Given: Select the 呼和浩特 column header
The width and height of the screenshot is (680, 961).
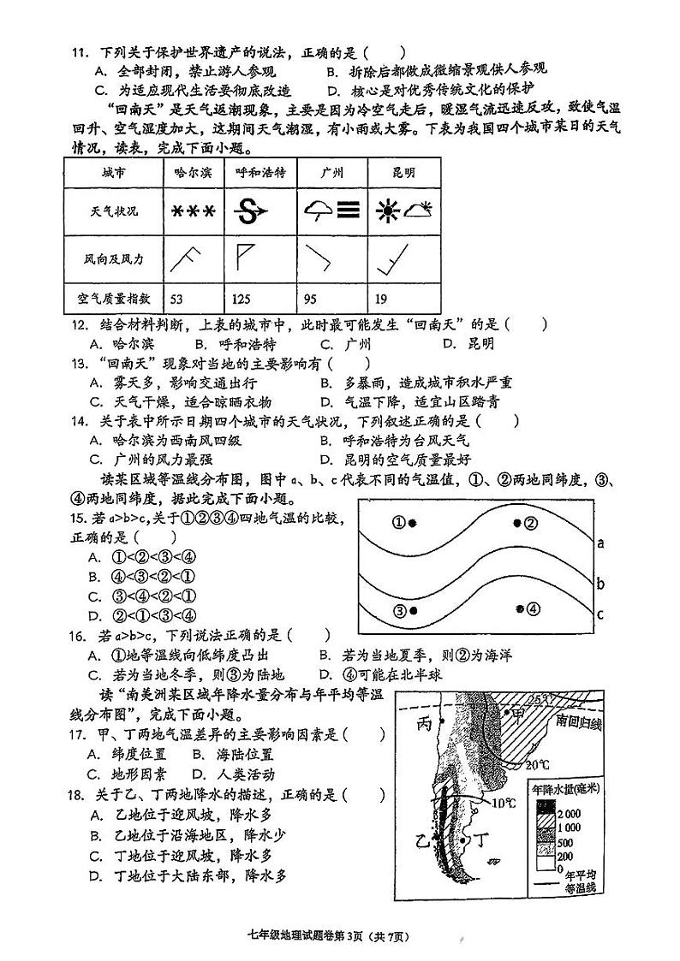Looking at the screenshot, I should pyautogui.click(x=259, y=173).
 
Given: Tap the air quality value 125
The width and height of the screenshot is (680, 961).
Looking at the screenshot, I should pyautogui.click(x=242, y=299).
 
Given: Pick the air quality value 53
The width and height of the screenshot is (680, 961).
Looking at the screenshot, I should pyautogui.click(x=177, y=299).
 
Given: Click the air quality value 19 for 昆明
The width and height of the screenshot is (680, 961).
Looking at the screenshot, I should pyautogui.click(x=381, y=299).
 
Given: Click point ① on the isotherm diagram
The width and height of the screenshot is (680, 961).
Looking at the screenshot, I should pyautogui.click(x=405, y=523).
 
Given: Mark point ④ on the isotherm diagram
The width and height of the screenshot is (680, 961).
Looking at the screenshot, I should pyautogui.click(x=527, y=608).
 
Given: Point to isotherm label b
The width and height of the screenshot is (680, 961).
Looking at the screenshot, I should pyautogui.click(x=601, y=584).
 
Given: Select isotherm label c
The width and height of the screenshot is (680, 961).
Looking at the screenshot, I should pyautogui.click(x=601, y=614).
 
